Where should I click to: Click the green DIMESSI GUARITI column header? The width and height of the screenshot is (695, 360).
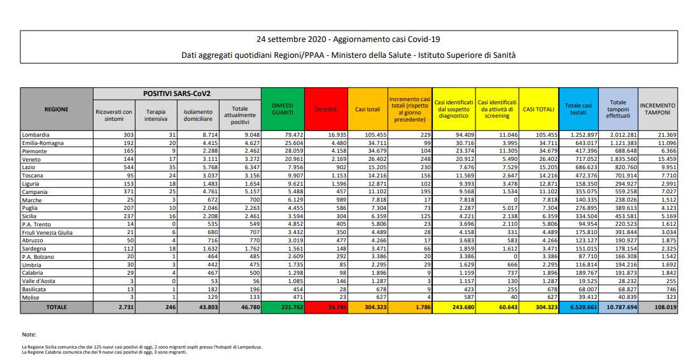point(283,109)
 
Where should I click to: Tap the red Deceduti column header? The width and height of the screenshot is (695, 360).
point(326,109)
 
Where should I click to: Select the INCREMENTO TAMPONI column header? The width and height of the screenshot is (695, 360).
point(658,109)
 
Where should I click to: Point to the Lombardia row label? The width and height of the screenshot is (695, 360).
point(36,135)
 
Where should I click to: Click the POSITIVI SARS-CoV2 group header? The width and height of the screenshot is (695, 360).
point(177,93)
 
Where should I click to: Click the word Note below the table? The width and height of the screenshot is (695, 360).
point(29,334)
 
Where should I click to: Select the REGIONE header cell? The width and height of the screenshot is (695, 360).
point(57,109)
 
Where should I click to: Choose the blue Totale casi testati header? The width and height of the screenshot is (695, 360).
point(578,109)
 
